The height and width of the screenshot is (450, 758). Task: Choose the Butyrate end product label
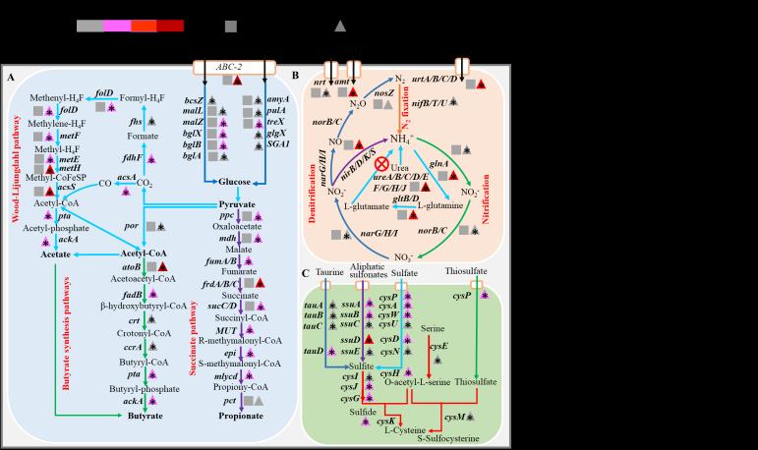point(138,418)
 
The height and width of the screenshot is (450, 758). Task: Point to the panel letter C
point(307,274)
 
